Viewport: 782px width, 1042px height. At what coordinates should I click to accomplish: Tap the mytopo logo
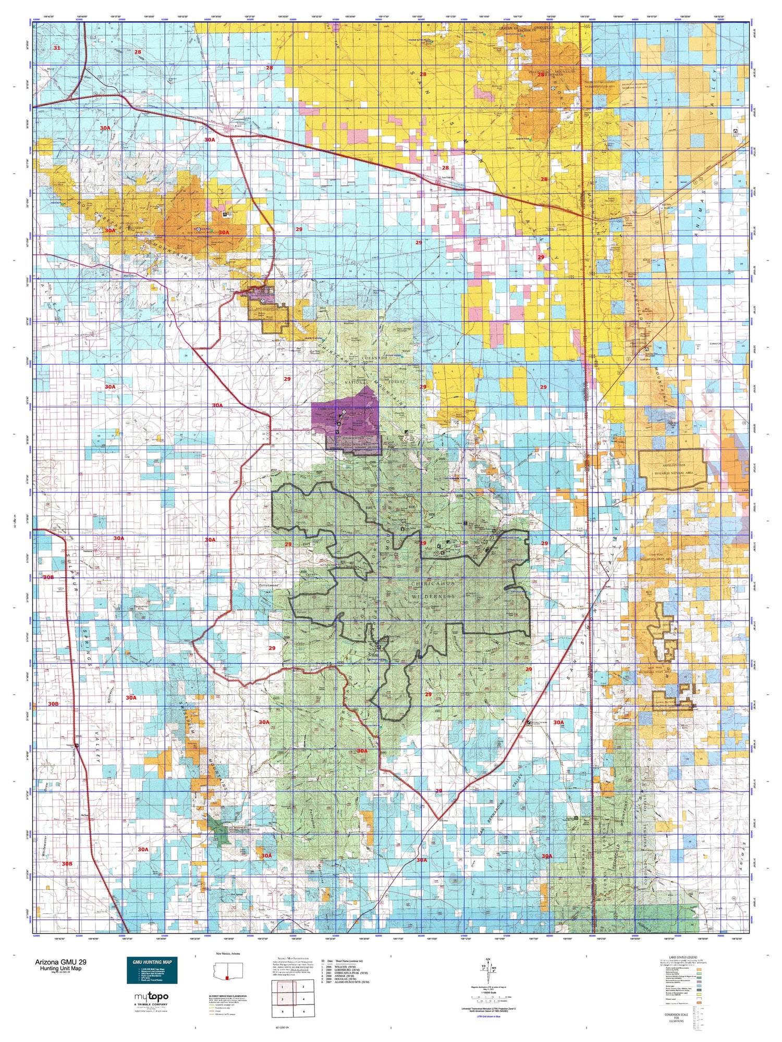pyautogui.click(x=152, y=997)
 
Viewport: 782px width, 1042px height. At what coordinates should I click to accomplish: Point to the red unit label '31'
pyautogui.click(x=57, y=48)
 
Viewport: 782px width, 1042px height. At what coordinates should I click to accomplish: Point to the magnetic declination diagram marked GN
pyautogui.click(x=487, y=970)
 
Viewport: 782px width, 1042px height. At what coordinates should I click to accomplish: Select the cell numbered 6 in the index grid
pyautogui.click(x=303, y=1011)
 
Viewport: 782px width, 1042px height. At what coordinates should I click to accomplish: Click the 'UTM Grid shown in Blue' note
pyautogui.click(x=488, y=1016)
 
